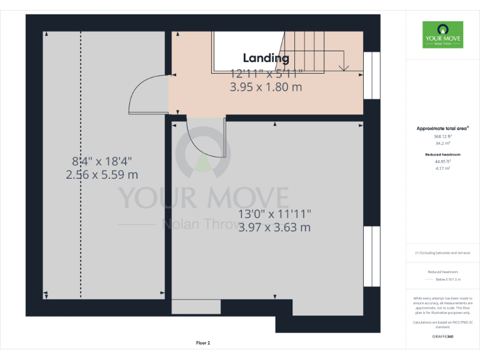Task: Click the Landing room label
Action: point(266,58)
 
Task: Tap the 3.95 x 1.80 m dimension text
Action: point(266,87)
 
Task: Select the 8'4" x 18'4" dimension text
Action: point(102,161)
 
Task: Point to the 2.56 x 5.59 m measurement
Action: point(102,175)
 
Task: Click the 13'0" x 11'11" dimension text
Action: point(274,214)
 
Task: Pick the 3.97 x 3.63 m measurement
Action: point(274,227)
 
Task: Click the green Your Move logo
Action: point(442,35)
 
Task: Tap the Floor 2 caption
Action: point(203,342)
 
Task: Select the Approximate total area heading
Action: point(442,128)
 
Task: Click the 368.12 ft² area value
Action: point(442,136)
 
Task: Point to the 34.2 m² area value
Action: point(442,143)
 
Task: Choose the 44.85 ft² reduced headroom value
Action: point(442,161)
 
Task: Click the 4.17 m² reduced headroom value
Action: point(442,168)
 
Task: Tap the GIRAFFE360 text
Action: point(442,336)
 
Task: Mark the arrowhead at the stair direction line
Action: point(342,67)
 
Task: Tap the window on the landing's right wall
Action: point(371,76)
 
